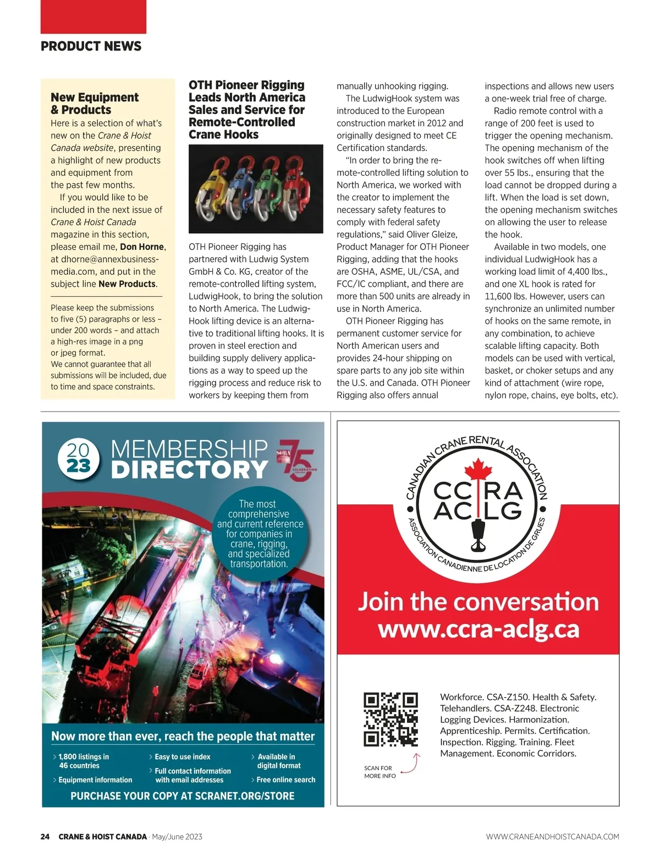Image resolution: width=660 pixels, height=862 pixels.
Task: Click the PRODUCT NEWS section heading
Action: click(91, 46)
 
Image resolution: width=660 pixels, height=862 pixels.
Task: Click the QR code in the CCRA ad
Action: click(391, 719)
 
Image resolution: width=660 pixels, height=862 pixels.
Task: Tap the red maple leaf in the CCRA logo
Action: click(477, 472)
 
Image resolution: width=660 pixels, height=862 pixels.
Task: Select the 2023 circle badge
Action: click(79, 459)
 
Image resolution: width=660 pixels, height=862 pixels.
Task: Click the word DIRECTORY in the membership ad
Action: click(190, 470)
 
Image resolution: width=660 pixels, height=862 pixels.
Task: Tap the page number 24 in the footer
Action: click(45, 837)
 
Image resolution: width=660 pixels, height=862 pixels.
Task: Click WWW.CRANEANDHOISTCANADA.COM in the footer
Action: click(552, 837)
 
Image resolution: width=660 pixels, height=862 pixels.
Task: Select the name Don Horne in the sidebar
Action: click(142, 247)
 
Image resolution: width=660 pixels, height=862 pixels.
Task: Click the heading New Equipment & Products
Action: click(95, 103)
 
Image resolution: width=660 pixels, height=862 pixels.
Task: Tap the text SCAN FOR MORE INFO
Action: click(380, 772)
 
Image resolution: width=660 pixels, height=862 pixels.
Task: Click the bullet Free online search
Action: click(285, 780)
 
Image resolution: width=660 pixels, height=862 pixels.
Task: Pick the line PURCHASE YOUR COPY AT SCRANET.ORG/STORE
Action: click(183, 796)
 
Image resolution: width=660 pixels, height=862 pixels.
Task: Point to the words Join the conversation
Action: click(478, 601)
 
